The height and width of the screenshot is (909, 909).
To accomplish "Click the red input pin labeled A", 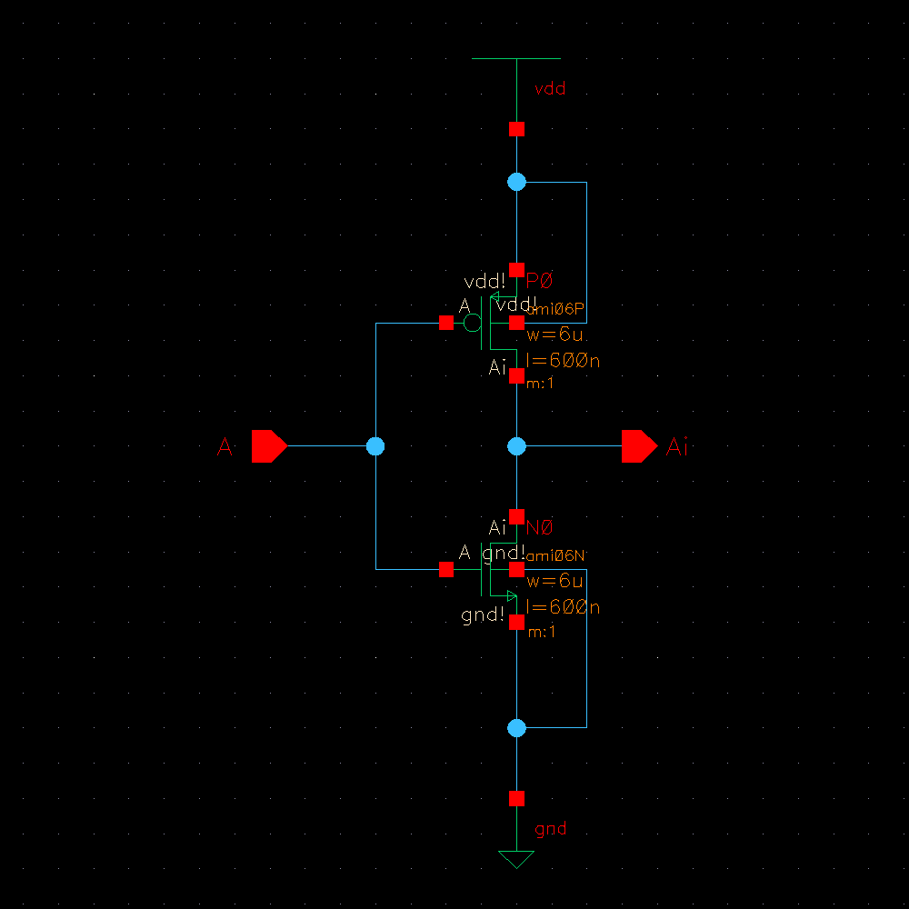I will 268,446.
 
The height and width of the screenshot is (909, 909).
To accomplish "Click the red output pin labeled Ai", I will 638,446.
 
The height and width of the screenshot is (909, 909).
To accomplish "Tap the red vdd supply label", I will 551,89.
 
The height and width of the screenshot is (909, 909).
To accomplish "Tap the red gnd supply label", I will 551,829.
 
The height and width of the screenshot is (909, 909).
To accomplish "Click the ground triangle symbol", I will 516,858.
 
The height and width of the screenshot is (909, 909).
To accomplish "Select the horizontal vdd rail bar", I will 516,59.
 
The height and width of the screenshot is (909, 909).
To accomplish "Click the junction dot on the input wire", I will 375,446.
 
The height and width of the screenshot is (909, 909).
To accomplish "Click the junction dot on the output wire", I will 516,446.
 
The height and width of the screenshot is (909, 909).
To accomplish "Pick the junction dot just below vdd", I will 516,182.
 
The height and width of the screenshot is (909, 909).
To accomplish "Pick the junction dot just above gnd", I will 516,728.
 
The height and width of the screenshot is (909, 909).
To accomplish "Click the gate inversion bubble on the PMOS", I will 472,323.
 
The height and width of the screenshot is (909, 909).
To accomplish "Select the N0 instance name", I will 540,528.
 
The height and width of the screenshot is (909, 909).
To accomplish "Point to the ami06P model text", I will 556,309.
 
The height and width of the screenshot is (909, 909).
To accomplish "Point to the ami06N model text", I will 556,554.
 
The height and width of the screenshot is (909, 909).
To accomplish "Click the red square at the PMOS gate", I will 446,323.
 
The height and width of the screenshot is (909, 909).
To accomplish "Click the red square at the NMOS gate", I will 446,569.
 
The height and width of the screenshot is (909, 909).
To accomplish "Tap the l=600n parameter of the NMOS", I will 564,607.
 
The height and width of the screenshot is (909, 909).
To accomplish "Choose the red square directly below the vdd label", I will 516,128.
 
